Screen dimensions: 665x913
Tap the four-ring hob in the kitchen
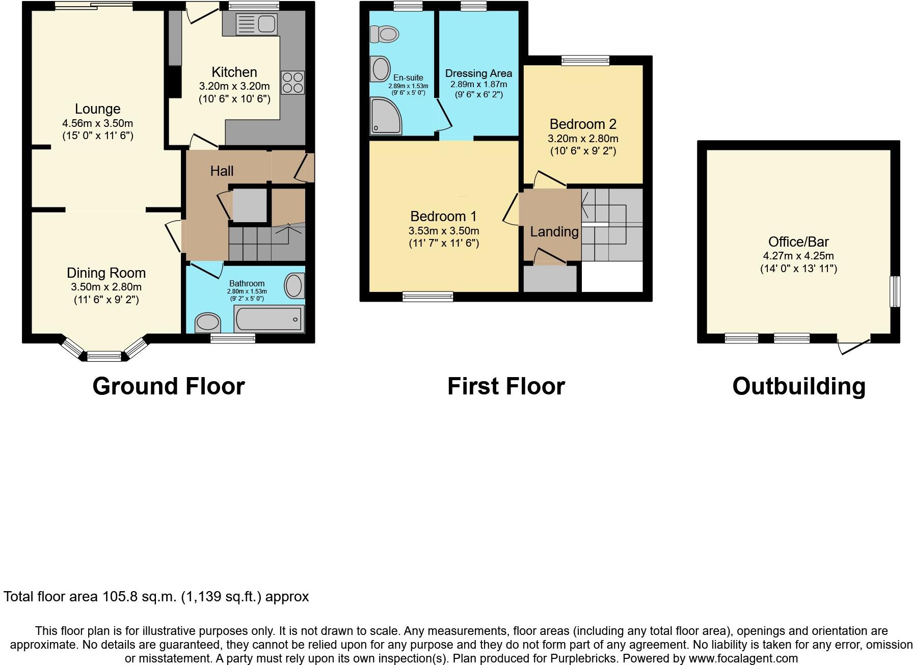[292, 83]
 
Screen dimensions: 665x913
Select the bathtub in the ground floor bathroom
[269, 319]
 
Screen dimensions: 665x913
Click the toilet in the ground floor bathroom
[208, 322]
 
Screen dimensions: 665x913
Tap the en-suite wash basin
[380, 69]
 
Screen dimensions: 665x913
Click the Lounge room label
[97, 109]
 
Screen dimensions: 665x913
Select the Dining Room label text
[106, 273]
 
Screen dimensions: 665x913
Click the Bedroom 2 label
[583, 124]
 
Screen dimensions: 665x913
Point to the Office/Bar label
[798, 242]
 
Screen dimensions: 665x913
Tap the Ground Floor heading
[169, 386]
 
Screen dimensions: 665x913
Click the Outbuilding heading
[798, 386]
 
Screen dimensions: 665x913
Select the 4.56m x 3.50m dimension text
[97, 123]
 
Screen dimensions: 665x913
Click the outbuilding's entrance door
[854, 346]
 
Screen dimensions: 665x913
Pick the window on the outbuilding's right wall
[894, 291]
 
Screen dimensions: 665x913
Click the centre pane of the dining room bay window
[104, 356]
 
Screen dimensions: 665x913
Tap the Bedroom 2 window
[585, 61]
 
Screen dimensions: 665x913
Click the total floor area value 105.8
[120, 596]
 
